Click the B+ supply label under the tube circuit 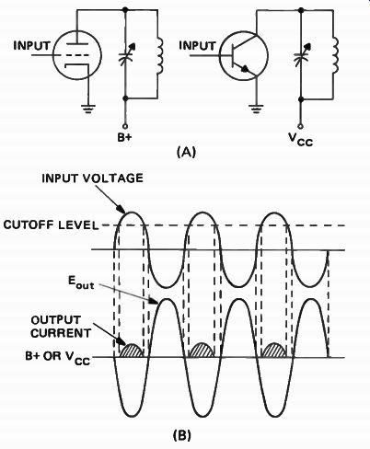124,137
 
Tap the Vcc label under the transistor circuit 301,140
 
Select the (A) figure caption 186,152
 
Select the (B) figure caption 182,435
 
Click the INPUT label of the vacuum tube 31,46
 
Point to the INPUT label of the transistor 197,46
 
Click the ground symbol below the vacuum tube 88,109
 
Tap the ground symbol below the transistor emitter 256,109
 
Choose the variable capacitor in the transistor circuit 302,56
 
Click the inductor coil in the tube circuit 160,55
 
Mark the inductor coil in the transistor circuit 335,55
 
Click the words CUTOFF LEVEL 51,225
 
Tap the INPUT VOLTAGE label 92,178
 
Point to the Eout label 81,282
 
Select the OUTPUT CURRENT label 61,327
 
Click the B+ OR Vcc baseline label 58,357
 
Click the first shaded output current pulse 132,351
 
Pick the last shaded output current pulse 274,351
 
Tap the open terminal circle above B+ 125,126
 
